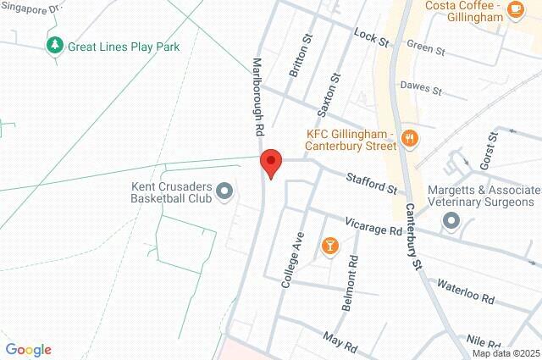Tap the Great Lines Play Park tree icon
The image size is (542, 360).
click(x=55, y=45)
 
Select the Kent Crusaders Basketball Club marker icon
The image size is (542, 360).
click(x=224, y=191)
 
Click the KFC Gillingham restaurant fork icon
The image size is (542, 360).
click(x=411, y=139)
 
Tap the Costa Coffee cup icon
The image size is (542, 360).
click(x=515, y=8)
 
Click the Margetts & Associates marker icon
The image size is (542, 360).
click(x=451, y=222)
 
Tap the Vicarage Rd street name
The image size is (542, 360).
click(x=373, y=226)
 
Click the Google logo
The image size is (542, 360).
click(x=28, y=350)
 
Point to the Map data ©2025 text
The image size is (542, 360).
click(x=505, y=353)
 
